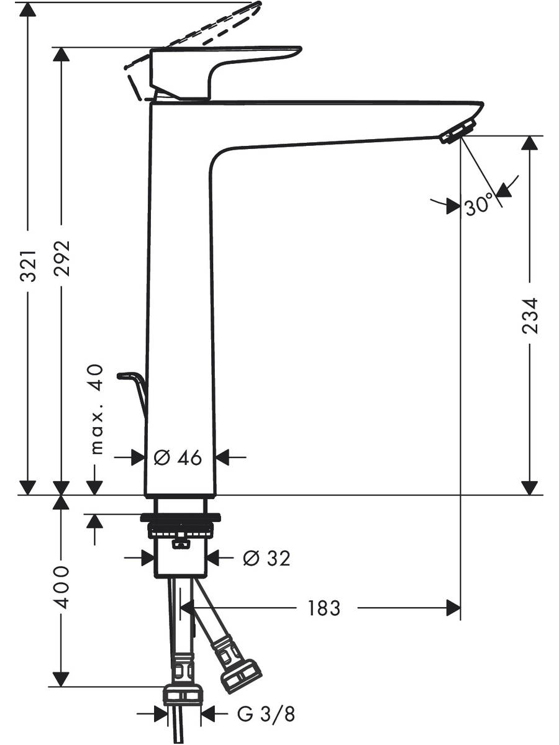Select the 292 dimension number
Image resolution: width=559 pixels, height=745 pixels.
61,254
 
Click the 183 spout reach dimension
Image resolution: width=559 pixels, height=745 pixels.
324,608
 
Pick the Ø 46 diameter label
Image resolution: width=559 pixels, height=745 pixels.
178,458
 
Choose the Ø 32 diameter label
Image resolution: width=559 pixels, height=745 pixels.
267,558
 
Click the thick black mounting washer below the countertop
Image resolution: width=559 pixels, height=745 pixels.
181,518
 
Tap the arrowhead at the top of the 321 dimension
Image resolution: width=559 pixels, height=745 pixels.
28,10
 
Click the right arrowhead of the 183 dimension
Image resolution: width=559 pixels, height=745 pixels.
453,608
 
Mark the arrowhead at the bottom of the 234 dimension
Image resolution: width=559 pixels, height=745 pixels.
530,488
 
